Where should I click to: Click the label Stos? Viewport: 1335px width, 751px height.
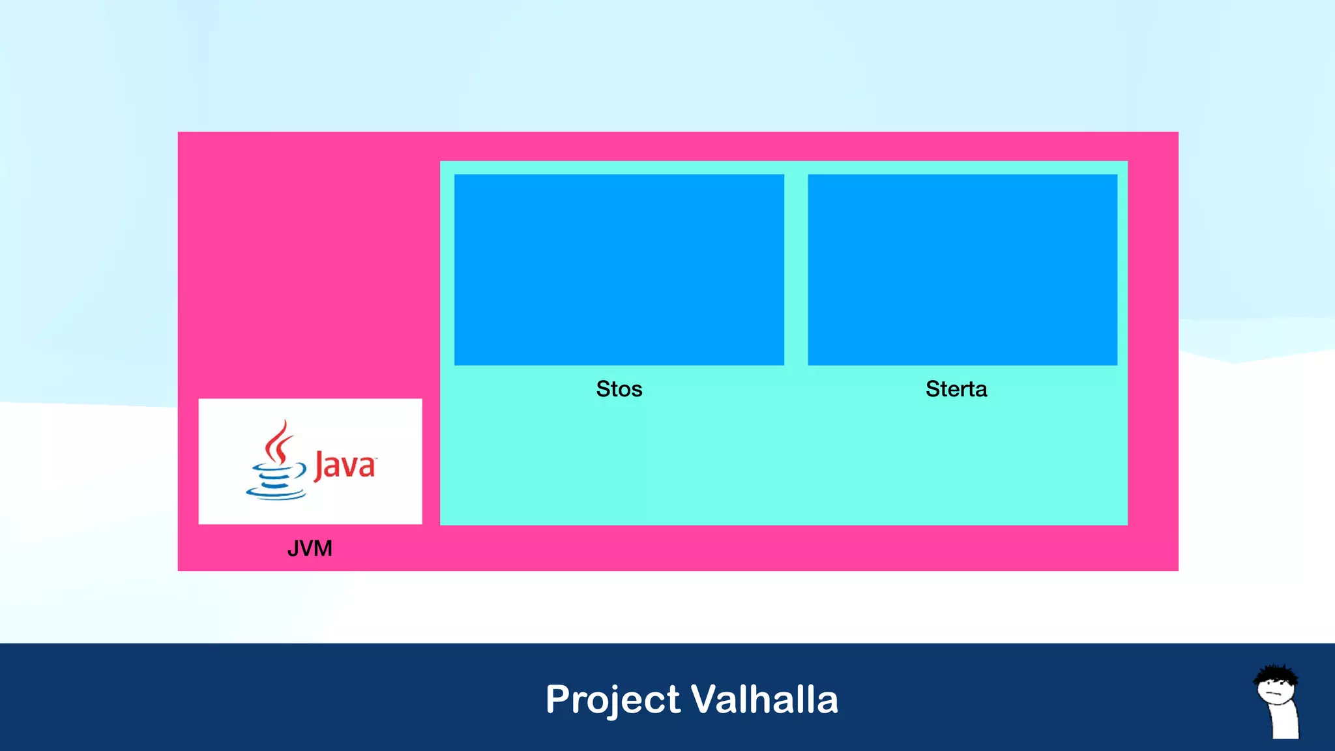point(619,389)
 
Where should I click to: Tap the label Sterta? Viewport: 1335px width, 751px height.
point(956,389)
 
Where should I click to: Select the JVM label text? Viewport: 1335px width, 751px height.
point(310,548)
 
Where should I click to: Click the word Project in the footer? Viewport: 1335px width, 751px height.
point(613,700)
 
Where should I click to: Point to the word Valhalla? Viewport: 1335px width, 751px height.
point(764,699)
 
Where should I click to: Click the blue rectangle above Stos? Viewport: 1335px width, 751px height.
point(619,269)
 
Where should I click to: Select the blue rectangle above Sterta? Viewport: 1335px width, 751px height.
point(962,269)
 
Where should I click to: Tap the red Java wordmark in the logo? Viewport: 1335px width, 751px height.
point(345,465)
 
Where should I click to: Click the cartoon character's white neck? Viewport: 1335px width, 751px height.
point(1284,720)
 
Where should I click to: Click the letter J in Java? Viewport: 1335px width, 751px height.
point(319,465)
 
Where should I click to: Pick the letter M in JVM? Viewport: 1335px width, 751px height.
point(323,548)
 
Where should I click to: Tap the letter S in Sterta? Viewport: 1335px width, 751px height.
point(933,389)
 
